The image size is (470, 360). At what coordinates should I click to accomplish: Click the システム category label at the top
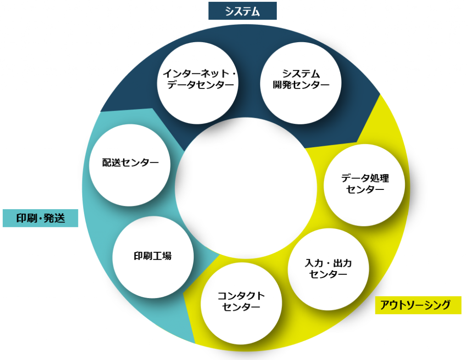(242, 11)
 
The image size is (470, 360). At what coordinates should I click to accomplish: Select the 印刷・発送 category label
(40, 218)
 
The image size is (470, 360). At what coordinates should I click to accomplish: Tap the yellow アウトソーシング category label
(418, 305)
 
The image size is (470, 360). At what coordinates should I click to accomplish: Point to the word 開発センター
(301, 85)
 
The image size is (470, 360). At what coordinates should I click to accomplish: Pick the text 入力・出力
(328, 263)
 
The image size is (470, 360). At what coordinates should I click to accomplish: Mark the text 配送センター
(130, 163)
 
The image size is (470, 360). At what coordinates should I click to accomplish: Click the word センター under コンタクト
(241, 307)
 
